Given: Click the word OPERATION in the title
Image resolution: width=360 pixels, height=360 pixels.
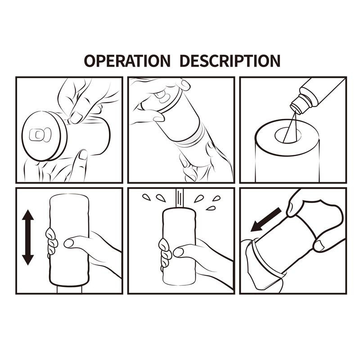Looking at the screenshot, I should [127, 60].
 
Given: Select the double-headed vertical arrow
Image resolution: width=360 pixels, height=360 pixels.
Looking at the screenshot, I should [28, 238].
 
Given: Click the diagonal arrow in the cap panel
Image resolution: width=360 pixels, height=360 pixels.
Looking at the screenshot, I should [265, 219].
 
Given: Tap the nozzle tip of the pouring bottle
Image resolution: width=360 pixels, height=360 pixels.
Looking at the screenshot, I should [295, 108].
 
